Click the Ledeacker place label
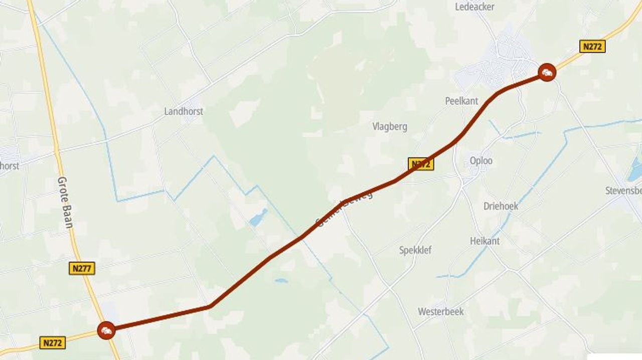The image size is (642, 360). pyautogui.click(x=474, y=7)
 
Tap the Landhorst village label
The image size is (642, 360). pyautogui.click(x=184, y=111)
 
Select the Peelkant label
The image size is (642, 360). pyautogui.click(x=461, y=101)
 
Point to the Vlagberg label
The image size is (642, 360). pyautogui.click(x=390, y=126)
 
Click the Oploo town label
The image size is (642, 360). pyautogui.click(x=481, y=161)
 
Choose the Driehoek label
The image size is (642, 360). pyautogui.click(x=501, y=206)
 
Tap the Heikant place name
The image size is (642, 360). pyautogui.click(x=485, y=241)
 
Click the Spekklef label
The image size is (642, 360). pyautogui.click(x=415, y=250)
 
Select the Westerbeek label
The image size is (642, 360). pyautogui.click(x=441, y=312)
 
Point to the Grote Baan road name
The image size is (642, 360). pyautogui.click(x=65, y=202)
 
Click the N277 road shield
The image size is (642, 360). pyautogui.click(x=82, y=269)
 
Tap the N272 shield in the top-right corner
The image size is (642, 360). pyautogui.click(x=592, y=47)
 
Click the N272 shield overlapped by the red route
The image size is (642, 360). pyautogui.click(x=421, y=164)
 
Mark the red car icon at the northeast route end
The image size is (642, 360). pyautogui.click(x=547, y=73)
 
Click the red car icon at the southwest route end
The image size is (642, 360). pyautogui.click(x=106, y=330)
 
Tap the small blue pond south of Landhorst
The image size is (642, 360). pyautogui.click(x=258, y=218)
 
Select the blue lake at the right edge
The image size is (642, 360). pyautogui.click(x=635, y=169)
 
